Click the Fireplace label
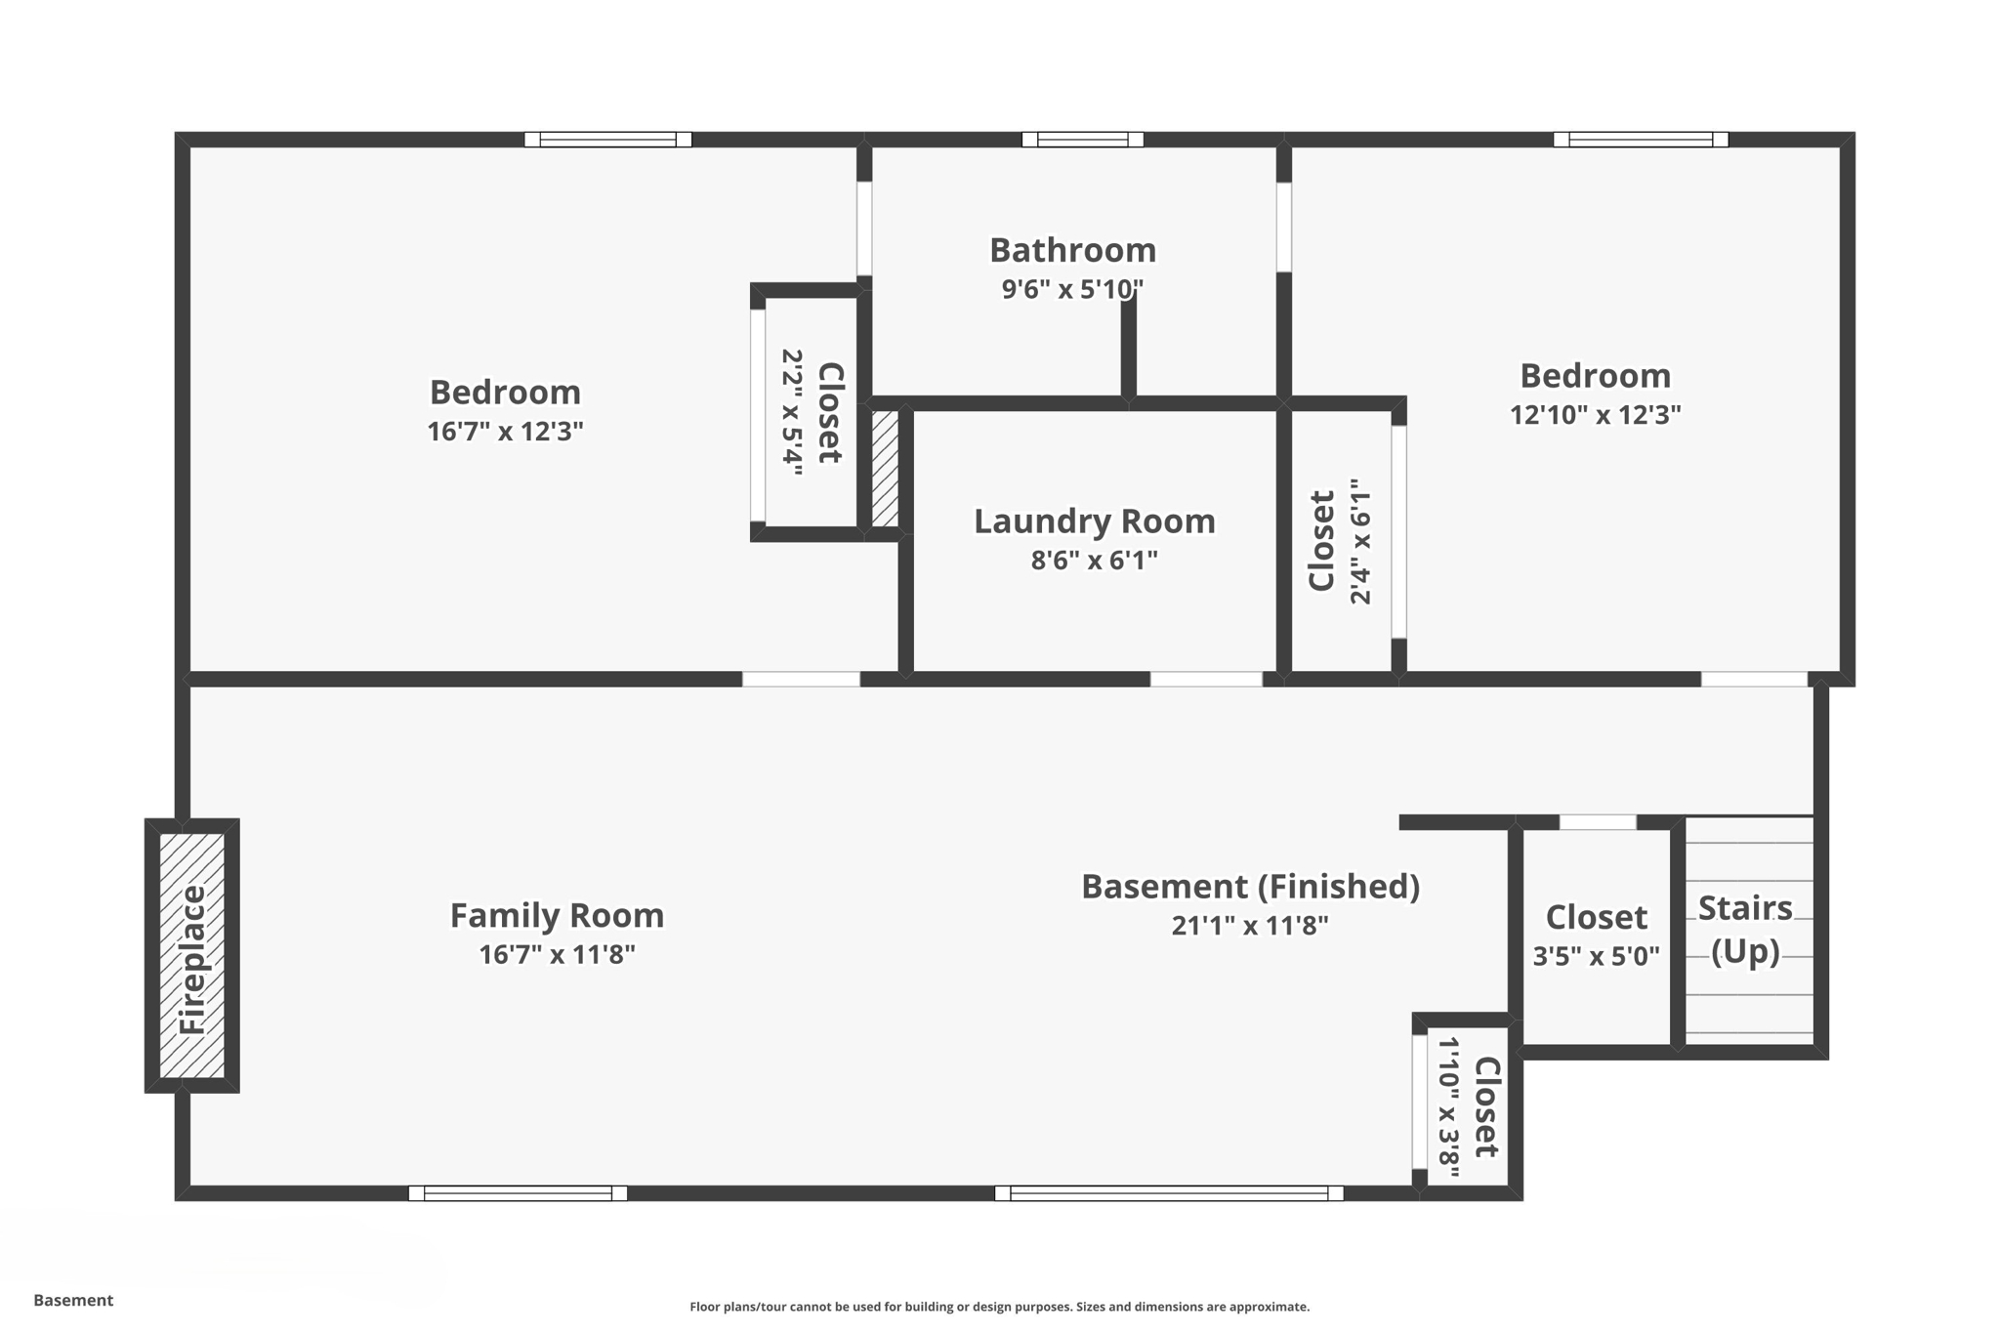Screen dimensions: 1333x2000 tap(192, 959)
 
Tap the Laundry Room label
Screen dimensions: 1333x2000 tap(1094, 521)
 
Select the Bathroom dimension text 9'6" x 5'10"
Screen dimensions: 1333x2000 tap(1072, 290)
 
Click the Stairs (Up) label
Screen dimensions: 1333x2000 tap(1745, 929)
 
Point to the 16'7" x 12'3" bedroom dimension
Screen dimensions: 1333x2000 tap(505, 432)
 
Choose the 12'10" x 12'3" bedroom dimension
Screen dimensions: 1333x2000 tap(1595, 415)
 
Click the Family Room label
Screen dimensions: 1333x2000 tap(557, 916)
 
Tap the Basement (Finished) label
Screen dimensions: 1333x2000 tap(1250, 887)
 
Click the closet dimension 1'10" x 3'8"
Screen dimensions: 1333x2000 tap(1448, 1106)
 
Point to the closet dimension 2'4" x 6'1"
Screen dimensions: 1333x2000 tap(1360, 541)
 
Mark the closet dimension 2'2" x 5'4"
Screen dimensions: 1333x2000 tap(792, 412)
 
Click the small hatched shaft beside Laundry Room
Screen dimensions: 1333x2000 tap(885, 469)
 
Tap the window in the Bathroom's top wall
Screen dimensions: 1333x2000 tap(1082, 140)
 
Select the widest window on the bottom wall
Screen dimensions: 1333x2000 tap(1169, 1192)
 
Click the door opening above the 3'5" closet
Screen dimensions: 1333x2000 tap(1597, 822)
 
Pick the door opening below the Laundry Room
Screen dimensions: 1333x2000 tap(1206, 679)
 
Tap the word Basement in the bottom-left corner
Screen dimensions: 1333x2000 tap(73, 1300)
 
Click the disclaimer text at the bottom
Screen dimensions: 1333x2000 tap(999, 1307)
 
